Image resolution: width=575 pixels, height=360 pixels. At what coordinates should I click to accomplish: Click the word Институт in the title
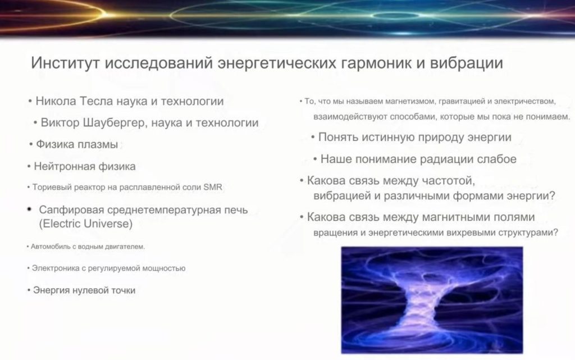click(65, 63)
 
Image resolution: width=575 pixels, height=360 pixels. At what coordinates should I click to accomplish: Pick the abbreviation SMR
click(213, 187)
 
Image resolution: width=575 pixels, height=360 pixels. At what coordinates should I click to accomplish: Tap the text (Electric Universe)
click(86, 224)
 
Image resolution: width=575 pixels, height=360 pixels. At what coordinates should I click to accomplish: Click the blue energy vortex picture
click(432, 300)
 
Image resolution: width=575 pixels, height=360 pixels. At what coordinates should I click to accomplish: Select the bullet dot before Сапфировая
click(30, 209)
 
